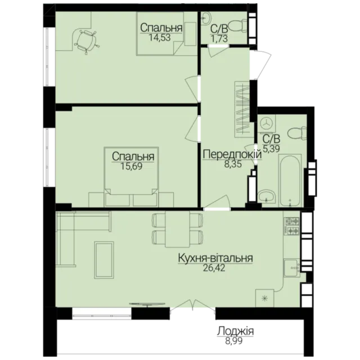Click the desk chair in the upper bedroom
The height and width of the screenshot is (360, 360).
86,42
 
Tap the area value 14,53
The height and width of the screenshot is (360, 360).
160,38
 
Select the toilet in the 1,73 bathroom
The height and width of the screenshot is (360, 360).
238,25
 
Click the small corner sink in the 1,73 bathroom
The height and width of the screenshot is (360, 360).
206,17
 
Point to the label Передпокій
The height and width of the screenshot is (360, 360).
232,155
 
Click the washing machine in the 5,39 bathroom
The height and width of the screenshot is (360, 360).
266,124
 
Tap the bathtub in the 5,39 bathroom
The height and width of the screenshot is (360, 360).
290,181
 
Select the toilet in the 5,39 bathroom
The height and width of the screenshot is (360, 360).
297,134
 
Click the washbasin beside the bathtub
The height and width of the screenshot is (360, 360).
267,197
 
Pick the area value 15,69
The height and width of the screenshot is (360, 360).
131,166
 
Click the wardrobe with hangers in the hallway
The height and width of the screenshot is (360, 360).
242,110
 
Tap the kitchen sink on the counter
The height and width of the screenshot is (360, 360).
291,268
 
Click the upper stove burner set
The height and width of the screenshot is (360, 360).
292,221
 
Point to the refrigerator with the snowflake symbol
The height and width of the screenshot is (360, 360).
265,298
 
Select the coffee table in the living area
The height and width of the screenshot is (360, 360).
104,260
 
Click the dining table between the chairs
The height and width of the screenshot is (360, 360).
177,229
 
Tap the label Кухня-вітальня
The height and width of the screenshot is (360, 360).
215,258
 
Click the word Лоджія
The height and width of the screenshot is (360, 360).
235,331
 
